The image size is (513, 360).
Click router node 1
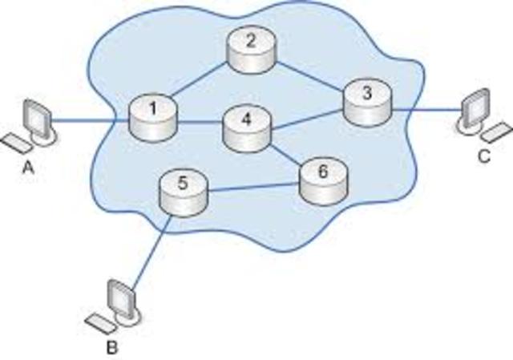point(152,115)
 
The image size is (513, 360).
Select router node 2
point(250,49)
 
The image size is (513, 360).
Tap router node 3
point(367,102)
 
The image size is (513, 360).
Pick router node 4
point(247,128)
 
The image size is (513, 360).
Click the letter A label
point(30,169)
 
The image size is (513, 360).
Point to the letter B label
point(111,348)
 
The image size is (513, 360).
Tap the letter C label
point(483,156)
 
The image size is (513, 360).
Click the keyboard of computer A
point(16,144)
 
